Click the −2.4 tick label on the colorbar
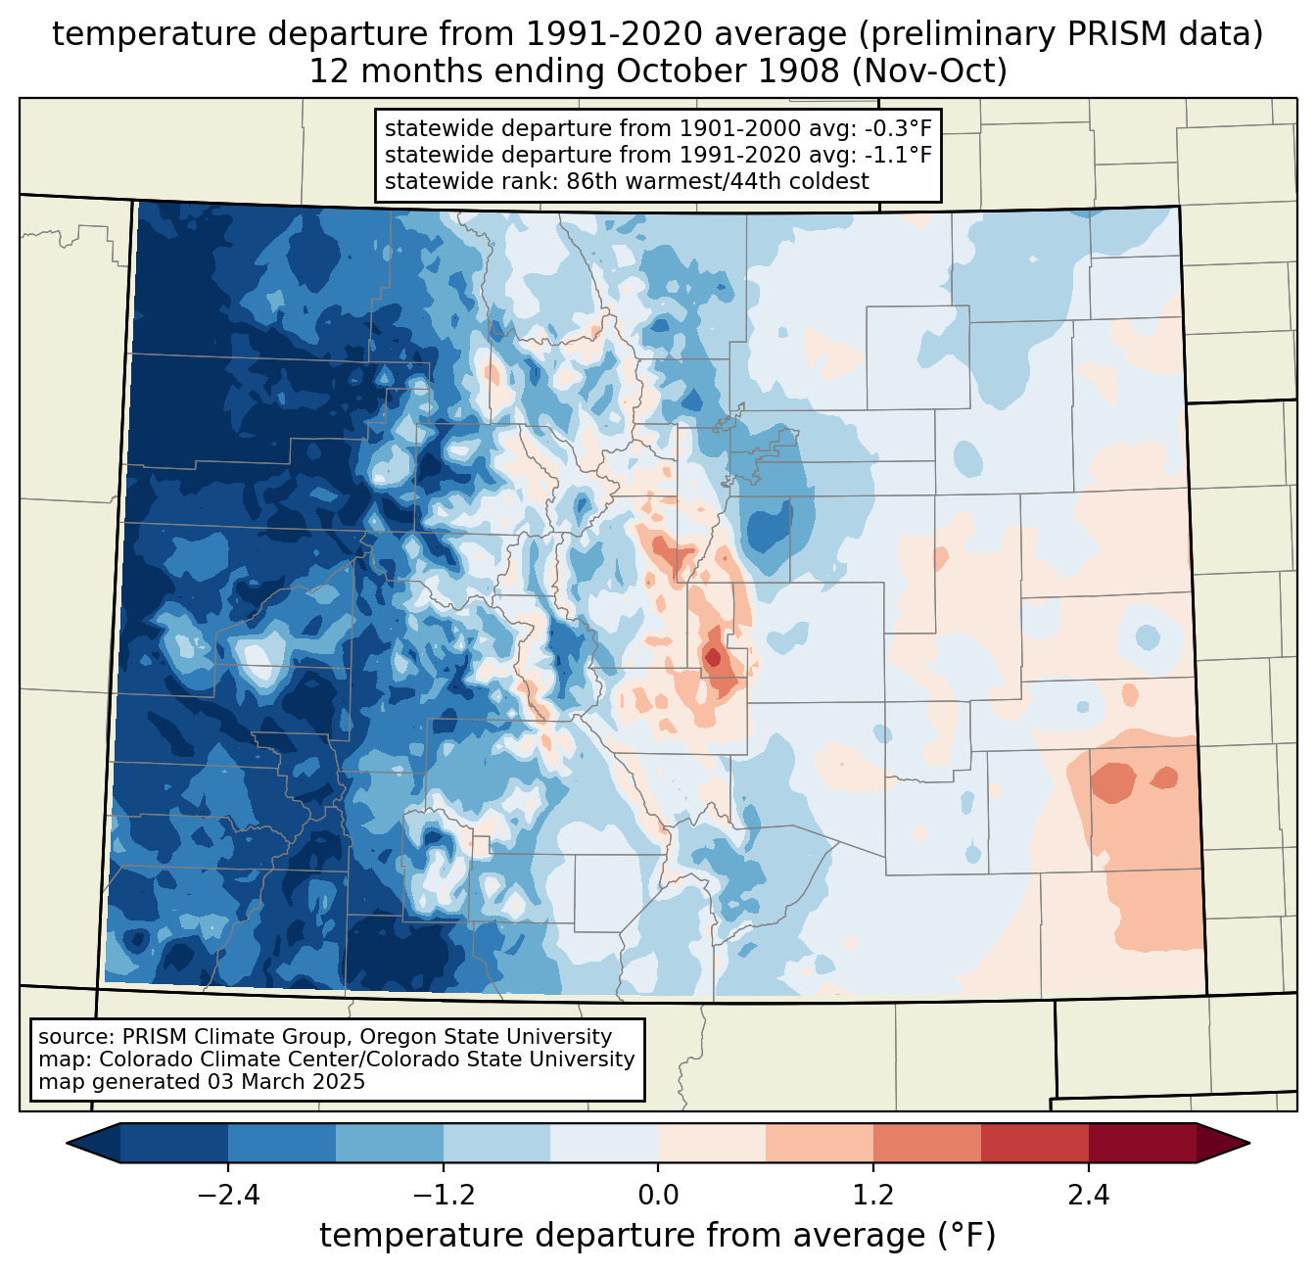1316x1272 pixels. pos(228,1196)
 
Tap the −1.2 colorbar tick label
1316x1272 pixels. pos(443,1196)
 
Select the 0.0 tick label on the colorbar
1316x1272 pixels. pos(658,1196)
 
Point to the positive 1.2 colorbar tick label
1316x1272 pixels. pos(873,1196)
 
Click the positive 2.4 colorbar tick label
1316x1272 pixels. pos(1088,1196)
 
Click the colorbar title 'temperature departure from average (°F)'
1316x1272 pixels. pos(658,1236)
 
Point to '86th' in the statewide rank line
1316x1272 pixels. pos(588,181)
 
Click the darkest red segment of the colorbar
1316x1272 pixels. pos(1142,1143)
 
